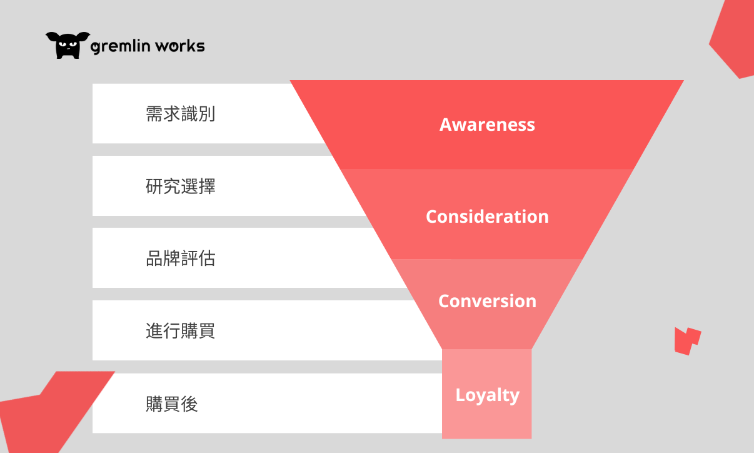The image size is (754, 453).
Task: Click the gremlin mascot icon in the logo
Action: point(68,45)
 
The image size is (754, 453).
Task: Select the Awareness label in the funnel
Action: point(487,125)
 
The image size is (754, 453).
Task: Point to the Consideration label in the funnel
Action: point(487,216)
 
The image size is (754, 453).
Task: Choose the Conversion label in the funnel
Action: point(487,301)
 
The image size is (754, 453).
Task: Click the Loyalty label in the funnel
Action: point(487,395)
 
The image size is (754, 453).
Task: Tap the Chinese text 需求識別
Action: point(180,114)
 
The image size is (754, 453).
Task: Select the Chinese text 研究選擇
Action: point(180,186)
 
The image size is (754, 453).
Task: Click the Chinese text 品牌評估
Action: point(180,258)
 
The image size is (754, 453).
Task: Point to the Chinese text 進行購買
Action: point(180,330)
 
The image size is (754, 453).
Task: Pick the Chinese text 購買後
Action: point(171,404)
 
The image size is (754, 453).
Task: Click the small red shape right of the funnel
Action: point(686,340)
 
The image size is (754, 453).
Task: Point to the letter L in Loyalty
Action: point(460,395)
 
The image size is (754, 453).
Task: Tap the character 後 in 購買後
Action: point(189,404)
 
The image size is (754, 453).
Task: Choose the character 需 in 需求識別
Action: point(154,114)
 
